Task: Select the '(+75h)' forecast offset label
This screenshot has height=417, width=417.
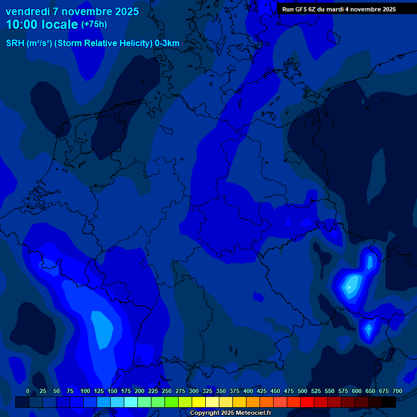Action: coord(94,24)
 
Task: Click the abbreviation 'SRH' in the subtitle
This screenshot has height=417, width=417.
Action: coord(15,43)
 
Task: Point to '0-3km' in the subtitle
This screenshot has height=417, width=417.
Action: coord(167,43)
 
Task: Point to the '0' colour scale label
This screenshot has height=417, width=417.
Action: coord(28,391)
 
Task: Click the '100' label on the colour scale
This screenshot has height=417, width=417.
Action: coord(85,391)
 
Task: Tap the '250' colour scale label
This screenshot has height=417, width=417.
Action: coord(167,391)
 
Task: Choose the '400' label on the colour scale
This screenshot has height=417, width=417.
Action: coord(248,391)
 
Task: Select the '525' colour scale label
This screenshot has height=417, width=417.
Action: coord(316,391)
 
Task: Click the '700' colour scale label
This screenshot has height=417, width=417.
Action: coord(397,391)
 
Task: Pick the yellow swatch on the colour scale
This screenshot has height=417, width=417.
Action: coord(199,402)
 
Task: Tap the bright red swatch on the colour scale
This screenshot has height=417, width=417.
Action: coord(307,402)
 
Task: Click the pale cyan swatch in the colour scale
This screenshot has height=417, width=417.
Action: coord(131,402)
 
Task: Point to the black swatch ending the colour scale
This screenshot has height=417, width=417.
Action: coord(389,402)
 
